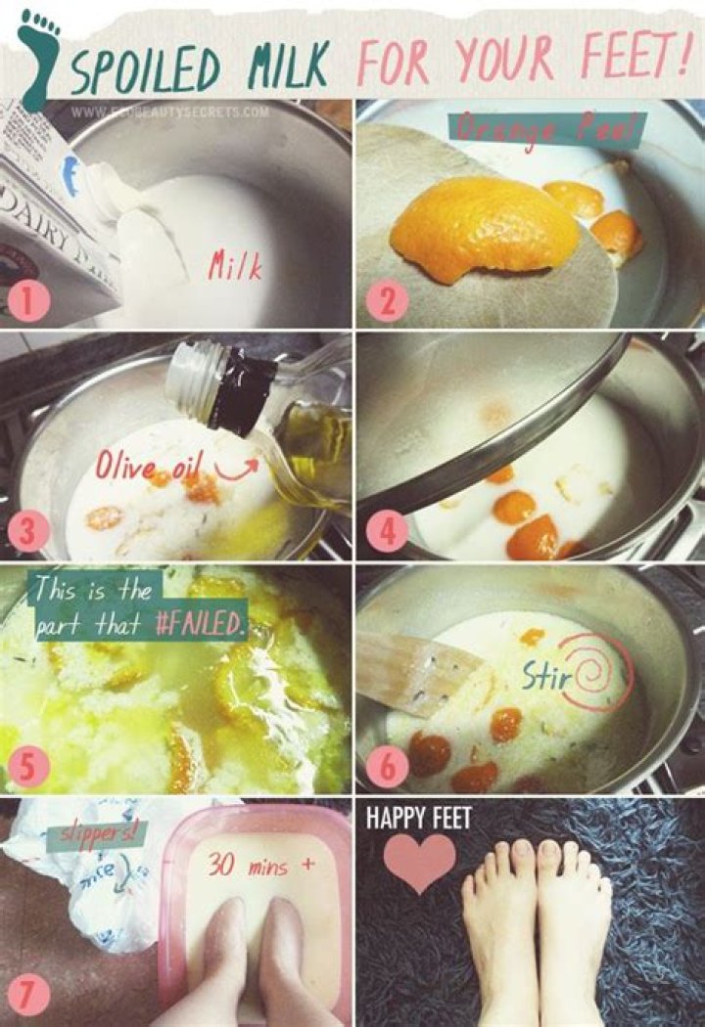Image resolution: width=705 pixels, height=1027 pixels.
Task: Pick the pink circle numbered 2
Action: tap(385, 301)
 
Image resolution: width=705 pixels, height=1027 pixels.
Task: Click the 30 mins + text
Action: tap(254, 865)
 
